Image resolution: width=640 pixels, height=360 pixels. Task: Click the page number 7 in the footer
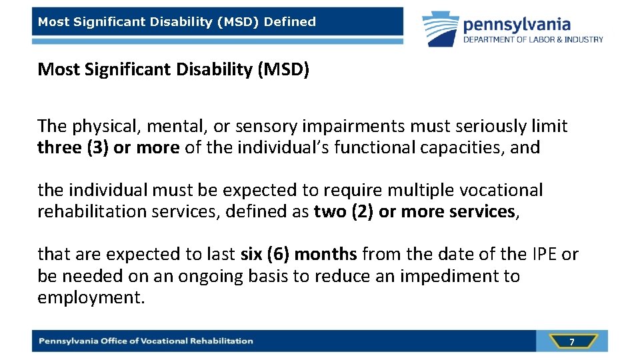click(571, 341)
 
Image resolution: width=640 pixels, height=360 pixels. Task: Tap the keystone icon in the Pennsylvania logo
click(441, 29)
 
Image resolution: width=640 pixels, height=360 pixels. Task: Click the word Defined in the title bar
click(290, 22)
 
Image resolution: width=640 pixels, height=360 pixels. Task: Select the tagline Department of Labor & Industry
click(533, 39)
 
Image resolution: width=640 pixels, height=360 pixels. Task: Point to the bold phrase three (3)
click(73, 147)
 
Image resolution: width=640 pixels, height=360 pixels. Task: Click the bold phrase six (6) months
click(299, 254)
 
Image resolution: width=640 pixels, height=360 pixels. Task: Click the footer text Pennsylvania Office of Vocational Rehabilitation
click(146, 341)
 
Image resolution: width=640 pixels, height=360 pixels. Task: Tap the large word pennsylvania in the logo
click(517, 25)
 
